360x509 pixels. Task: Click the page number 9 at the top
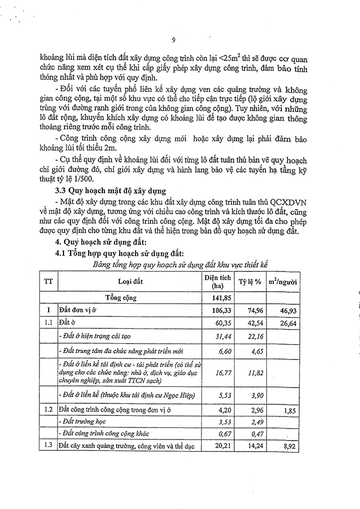[173, 39]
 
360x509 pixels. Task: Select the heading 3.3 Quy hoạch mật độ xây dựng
[111, 191]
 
